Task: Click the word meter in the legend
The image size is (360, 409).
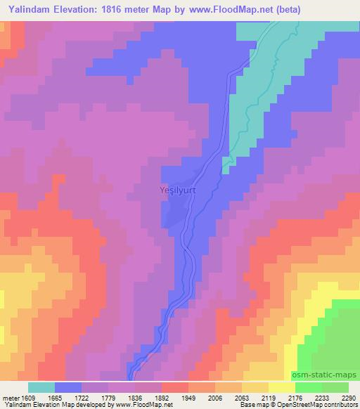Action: [x=12, y=397]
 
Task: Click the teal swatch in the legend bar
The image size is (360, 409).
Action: [x=41, y=387]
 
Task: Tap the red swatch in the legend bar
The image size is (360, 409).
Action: [x=175, y=387]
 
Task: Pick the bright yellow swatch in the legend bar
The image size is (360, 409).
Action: [x=281, y=387]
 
